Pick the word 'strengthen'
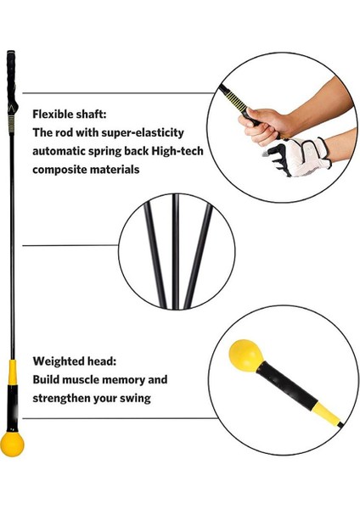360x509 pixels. click(x=65, y=397)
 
